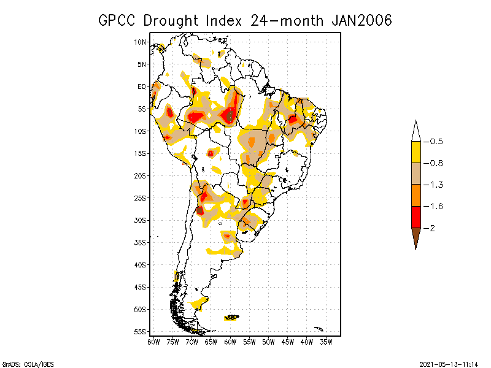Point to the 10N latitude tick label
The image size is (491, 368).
click(x=141, y=42)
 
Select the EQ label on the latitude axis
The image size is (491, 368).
click(x=142, y=86)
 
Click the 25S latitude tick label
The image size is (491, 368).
click(x=141, y=198)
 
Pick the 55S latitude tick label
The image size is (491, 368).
click(x=141, y=332)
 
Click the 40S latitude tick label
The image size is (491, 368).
click(x=141, y=265)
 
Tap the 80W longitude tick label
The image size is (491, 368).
click(x=153, y=342)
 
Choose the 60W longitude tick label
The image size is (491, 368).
click(x=230, y=342)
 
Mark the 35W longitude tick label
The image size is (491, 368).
click(x=326, y=342)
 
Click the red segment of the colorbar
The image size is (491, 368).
click(x=416, y=217)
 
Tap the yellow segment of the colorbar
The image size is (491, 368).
click(x=416, y=152)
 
